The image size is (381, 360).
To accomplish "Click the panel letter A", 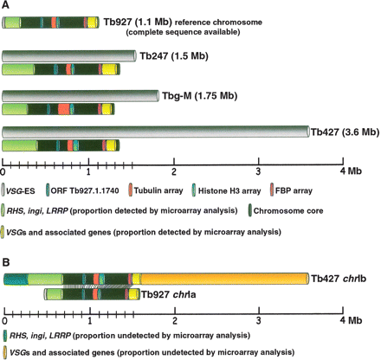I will coord(7,7).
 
